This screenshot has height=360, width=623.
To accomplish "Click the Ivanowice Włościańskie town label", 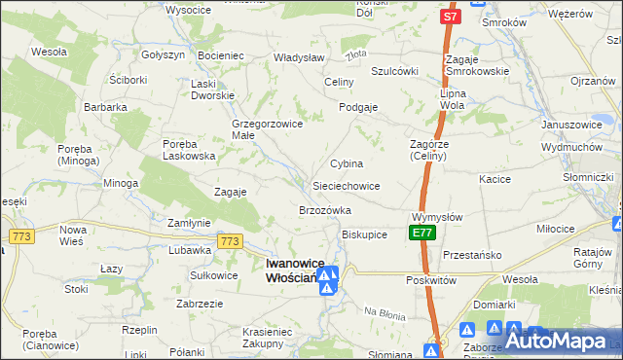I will pos(290,270).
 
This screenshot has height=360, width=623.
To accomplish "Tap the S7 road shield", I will pos(449,17).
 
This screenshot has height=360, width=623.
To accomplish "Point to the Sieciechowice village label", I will pos(346,185).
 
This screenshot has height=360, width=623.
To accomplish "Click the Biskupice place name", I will pos(365,234).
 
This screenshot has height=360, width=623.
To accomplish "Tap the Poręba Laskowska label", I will pos(187,150).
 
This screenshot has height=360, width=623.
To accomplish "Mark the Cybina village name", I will pos(347,163).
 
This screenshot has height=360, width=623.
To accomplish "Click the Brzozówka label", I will pos(325,210).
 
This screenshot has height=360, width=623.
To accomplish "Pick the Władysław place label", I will pos(298,57).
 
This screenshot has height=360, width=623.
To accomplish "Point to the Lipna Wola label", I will pos(453,98).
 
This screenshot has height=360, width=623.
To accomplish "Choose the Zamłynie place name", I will pos(189,223).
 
